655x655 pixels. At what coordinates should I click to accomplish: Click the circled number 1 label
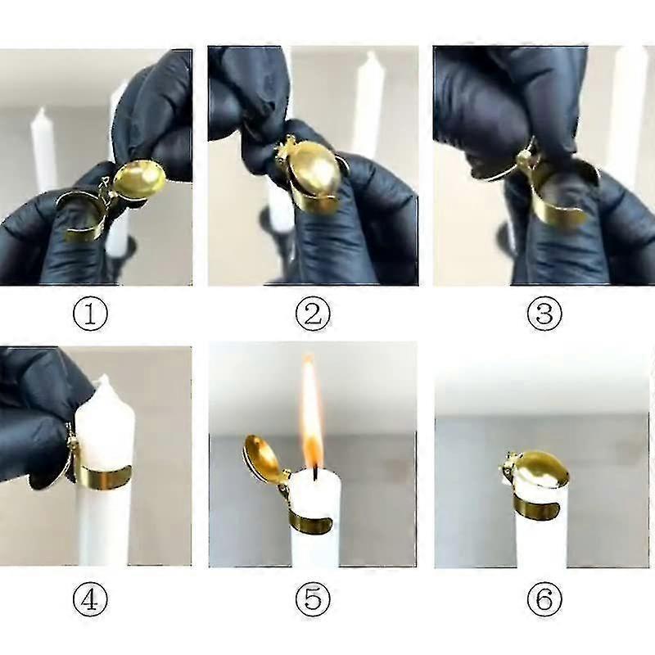point(90,314)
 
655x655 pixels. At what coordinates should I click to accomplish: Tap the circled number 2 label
point(312,314)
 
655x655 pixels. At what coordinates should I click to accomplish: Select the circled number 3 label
point(544,314)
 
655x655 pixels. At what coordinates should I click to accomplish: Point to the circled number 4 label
point(90,602)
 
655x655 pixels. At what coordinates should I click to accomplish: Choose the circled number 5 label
point(312,602)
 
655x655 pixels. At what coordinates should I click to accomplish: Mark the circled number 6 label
point(544,602)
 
